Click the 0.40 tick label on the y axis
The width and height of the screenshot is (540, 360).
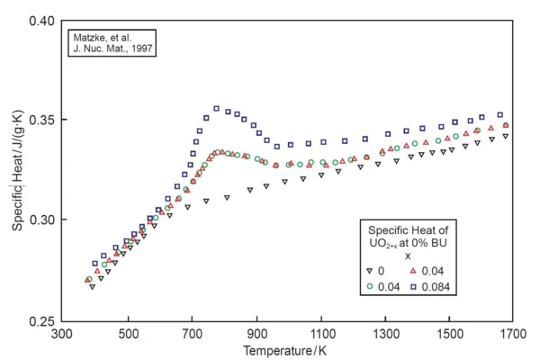(x=41, y=20)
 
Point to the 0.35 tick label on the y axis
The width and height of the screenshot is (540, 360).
(x=41, y=120)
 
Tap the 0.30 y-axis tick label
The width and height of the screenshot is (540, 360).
(x=41, y=220)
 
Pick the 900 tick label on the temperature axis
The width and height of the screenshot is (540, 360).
(x=256, y=334)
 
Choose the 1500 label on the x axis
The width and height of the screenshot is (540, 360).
(x=449, y=334)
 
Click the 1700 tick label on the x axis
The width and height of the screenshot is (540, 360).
(x=513, y=334)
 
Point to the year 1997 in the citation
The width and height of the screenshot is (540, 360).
(x=138, y=49)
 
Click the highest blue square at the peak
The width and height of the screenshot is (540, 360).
(x=216, y=109)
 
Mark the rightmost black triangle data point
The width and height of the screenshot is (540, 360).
(x=506, y=136)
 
